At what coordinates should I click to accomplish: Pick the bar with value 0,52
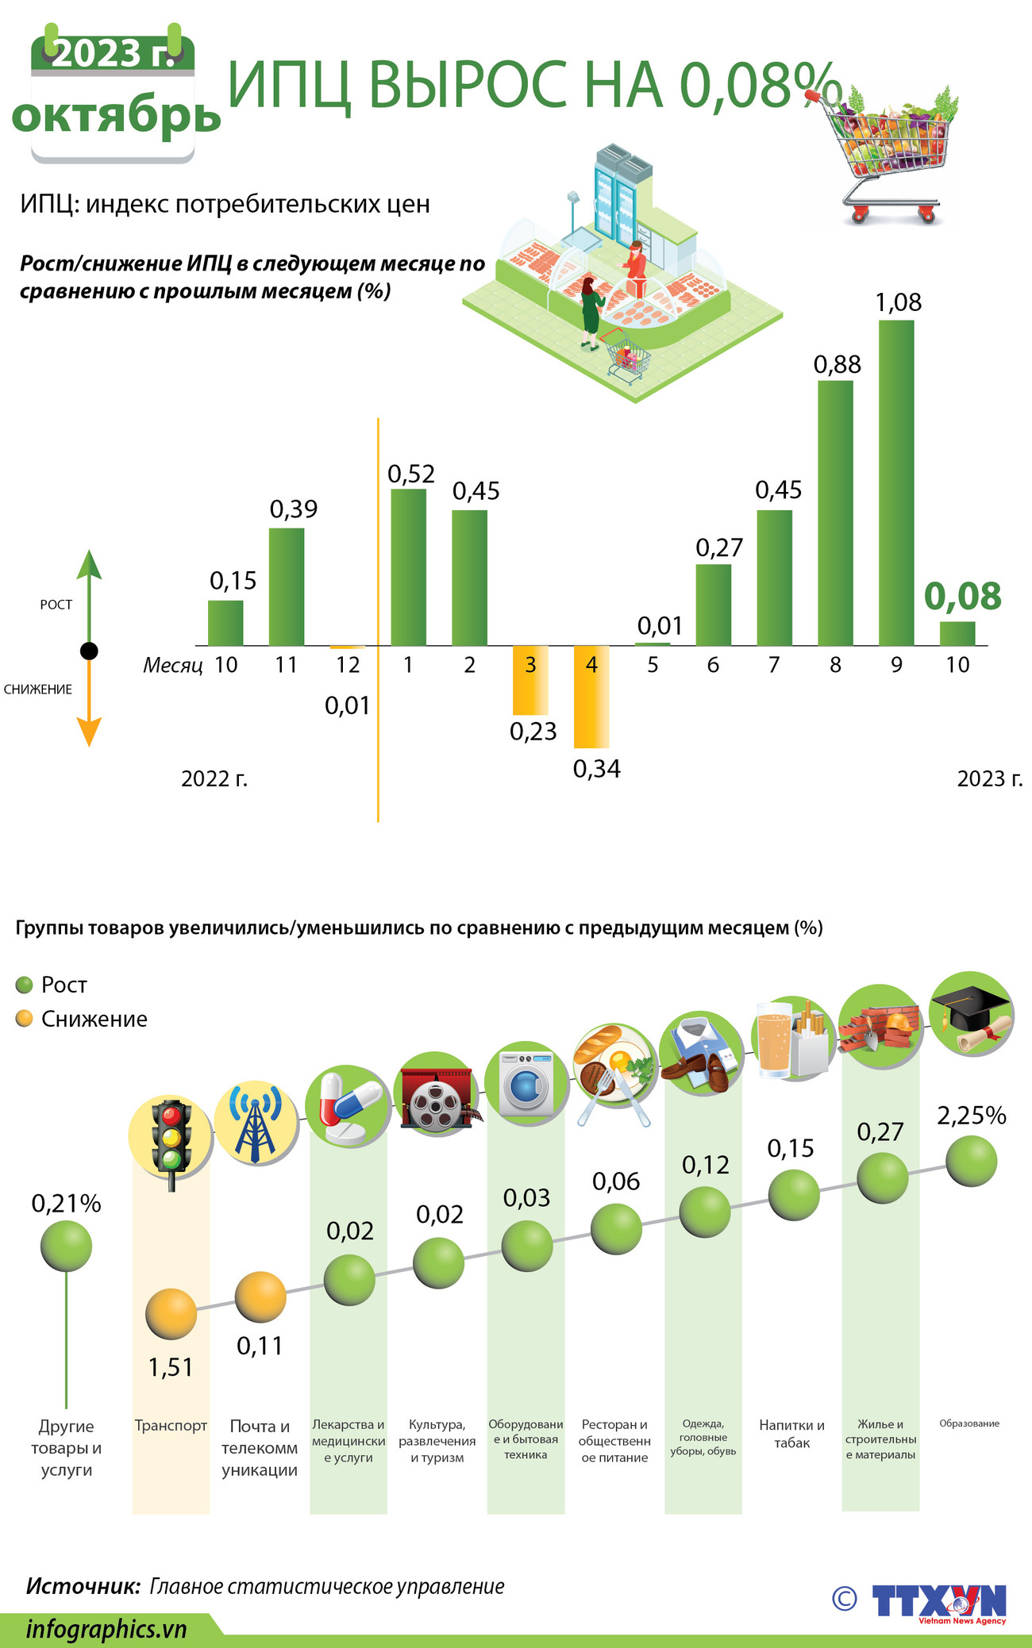[408, 567]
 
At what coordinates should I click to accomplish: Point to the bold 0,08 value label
[963, 596]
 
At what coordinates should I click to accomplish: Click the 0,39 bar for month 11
[287, 586]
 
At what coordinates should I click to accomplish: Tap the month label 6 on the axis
[713, 665]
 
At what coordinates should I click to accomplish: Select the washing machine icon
[526, 1082]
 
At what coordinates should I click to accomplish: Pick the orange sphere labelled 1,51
[171, 1314]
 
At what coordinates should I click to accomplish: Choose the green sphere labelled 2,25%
[971, 1161]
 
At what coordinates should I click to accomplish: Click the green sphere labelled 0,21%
[66, 1246]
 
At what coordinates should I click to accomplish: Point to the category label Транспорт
[171, 1426]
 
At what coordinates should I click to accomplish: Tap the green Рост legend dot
[25, 985]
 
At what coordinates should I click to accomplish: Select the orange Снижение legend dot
[25, 1019]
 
